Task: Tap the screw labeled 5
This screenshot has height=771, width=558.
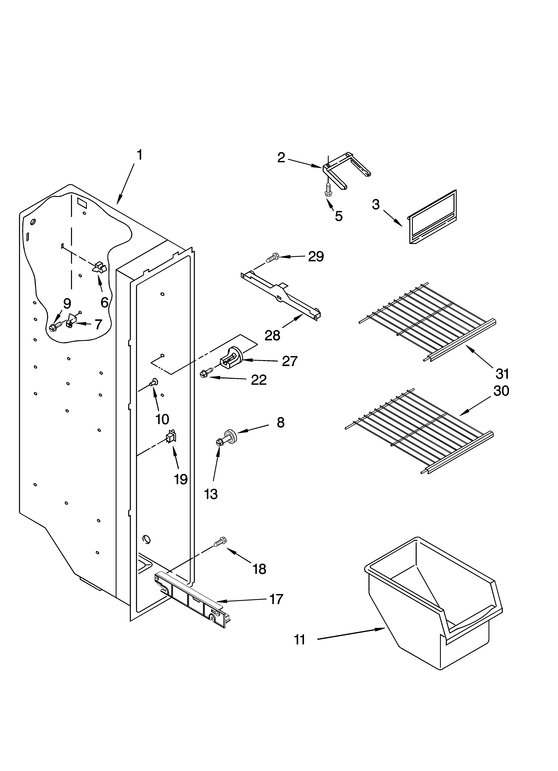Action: (x=328, y=190)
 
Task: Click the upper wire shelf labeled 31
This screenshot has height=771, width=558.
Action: (x=428, y=321)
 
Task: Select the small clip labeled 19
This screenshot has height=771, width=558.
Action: (x=171, y=437)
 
